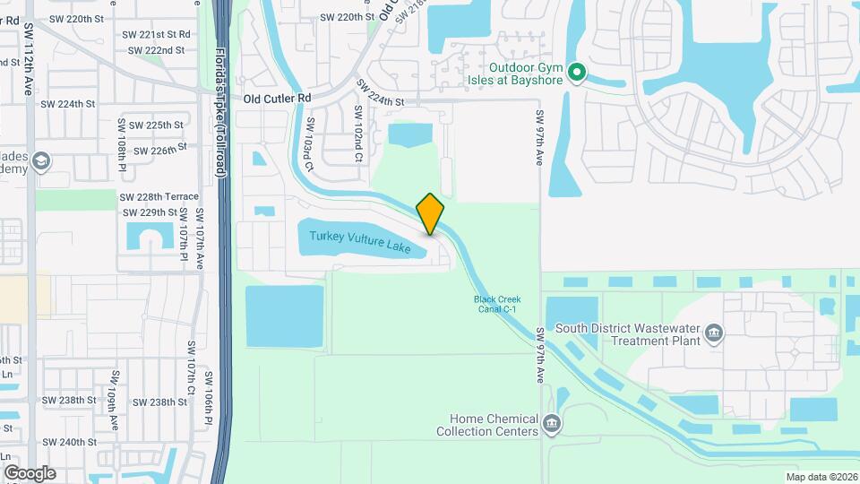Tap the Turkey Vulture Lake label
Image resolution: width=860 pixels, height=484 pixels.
click(360, 242)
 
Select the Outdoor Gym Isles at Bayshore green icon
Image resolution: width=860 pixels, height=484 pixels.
click(578, 72)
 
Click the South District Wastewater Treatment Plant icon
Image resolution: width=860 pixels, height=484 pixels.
click(714, 334)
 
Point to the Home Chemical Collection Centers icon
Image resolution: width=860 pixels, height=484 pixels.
click(552, 423)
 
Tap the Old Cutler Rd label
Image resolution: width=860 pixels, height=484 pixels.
click(277, 98)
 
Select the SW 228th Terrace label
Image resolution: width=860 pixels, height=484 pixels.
click(159, 196)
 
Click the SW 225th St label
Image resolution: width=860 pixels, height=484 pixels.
click(156, 125)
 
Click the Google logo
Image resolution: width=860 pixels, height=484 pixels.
click(30, 473)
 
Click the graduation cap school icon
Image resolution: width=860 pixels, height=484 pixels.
click(40, 161)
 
